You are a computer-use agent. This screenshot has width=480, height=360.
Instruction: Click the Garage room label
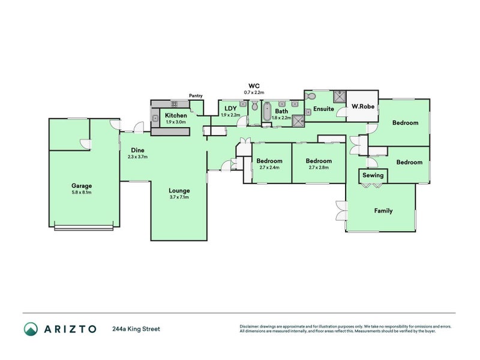[x=82, y=186]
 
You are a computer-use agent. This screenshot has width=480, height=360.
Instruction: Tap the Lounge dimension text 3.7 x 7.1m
[x=179, y=197]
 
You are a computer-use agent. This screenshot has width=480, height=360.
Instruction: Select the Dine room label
[x=137, y=150]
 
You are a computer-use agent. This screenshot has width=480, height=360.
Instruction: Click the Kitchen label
[x=176, y=115]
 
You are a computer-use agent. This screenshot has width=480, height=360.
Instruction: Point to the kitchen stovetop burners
[x=174, y=104]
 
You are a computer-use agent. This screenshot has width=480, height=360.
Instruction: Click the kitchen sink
[x=155, y=118]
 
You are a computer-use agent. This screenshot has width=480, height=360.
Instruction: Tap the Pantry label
[x=196, y=95]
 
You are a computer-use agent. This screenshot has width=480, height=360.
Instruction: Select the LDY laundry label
[x=230, y=109]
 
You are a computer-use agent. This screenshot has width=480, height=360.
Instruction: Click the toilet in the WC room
[x=254, y=106]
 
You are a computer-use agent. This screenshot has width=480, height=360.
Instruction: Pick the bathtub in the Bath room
[x=267, y=112]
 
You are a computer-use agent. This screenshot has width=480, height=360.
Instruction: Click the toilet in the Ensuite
[x=310, y=96]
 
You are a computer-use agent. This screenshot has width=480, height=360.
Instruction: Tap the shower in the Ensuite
[x=339, y=97]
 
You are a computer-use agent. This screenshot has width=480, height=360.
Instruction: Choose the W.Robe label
[x=363, y=107]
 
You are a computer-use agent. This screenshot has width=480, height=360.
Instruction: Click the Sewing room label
[x=373, y=175]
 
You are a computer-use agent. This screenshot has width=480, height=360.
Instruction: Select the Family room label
[x=383, y=211]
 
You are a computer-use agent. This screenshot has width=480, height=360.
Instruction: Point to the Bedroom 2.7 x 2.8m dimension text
[x=319, y=167]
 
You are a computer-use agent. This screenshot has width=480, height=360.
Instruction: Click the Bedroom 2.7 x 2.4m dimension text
[x=269, y=167]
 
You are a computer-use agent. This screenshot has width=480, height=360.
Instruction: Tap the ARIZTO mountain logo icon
[x=31, y=329]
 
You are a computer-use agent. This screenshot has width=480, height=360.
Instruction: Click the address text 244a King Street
[x=136, y=329]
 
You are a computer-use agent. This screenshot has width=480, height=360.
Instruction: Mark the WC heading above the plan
[x=254, y=86]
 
